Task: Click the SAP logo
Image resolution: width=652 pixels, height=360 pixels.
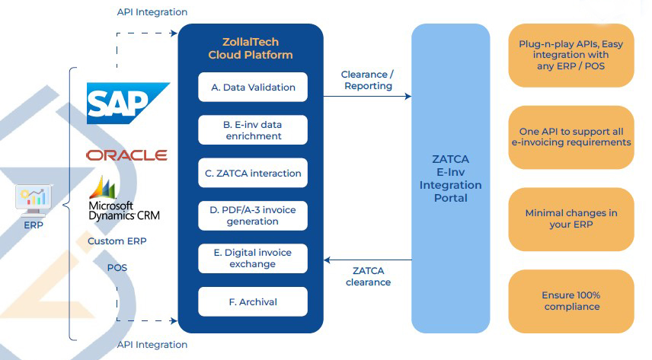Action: (126, 103)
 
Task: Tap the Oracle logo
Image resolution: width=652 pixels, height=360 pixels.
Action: (126, 155)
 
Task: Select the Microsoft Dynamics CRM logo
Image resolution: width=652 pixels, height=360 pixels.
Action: (123, 199)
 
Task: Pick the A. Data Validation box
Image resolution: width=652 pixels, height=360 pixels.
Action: (253, 88)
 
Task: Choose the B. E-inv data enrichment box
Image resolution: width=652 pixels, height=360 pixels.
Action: (253, 129)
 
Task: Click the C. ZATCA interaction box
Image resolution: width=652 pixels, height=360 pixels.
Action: (253, 173)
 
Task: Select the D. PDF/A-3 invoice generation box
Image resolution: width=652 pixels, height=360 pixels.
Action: (253, 215)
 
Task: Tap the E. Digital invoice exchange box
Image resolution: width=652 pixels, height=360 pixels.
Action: (253, 259)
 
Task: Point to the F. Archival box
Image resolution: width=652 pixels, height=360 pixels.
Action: (253, 301)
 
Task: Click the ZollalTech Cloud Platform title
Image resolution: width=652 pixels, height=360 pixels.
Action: (250, 49)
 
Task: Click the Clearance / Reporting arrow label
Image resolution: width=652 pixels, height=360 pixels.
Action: (368, 81)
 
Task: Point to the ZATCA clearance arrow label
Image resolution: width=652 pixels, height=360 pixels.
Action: (369, 276)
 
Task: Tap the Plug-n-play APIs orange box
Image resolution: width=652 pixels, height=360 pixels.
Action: (571, 55)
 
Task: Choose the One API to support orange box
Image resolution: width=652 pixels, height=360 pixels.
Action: (571, 136)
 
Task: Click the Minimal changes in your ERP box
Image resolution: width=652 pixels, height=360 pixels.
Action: (571, 219)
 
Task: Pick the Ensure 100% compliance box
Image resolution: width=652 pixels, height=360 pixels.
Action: (571, 301)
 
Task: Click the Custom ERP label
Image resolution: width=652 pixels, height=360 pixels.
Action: (117, 241)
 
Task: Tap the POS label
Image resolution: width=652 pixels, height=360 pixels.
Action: (117, 268)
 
